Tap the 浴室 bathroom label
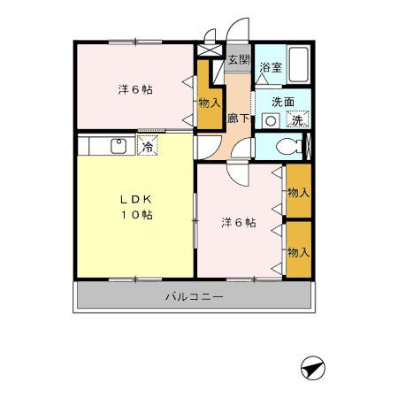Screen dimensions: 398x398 click(271, 67)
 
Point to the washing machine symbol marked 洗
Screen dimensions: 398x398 click(298, 119)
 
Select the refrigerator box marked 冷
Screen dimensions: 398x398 click(148, 146)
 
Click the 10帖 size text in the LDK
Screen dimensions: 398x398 click(134, 215)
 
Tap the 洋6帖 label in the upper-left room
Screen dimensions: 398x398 click(135, 89)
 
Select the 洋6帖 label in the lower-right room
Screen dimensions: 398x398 click(238, 223)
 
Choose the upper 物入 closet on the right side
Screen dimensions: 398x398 click(298, 192)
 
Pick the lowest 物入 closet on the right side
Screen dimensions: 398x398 click(298, 252)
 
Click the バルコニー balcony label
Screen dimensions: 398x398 click(194, 296)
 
